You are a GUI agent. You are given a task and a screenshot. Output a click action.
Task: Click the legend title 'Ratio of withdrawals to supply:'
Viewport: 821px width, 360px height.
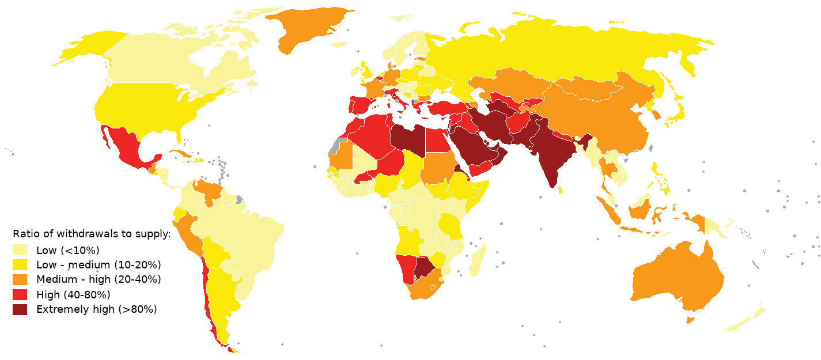92,234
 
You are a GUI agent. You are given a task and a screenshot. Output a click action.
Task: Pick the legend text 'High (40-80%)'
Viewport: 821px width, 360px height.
73,294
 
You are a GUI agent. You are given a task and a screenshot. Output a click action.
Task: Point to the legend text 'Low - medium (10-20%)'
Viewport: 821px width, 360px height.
99,265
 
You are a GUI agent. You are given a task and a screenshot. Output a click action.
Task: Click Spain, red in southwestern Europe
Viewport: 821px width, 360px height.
360,105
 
